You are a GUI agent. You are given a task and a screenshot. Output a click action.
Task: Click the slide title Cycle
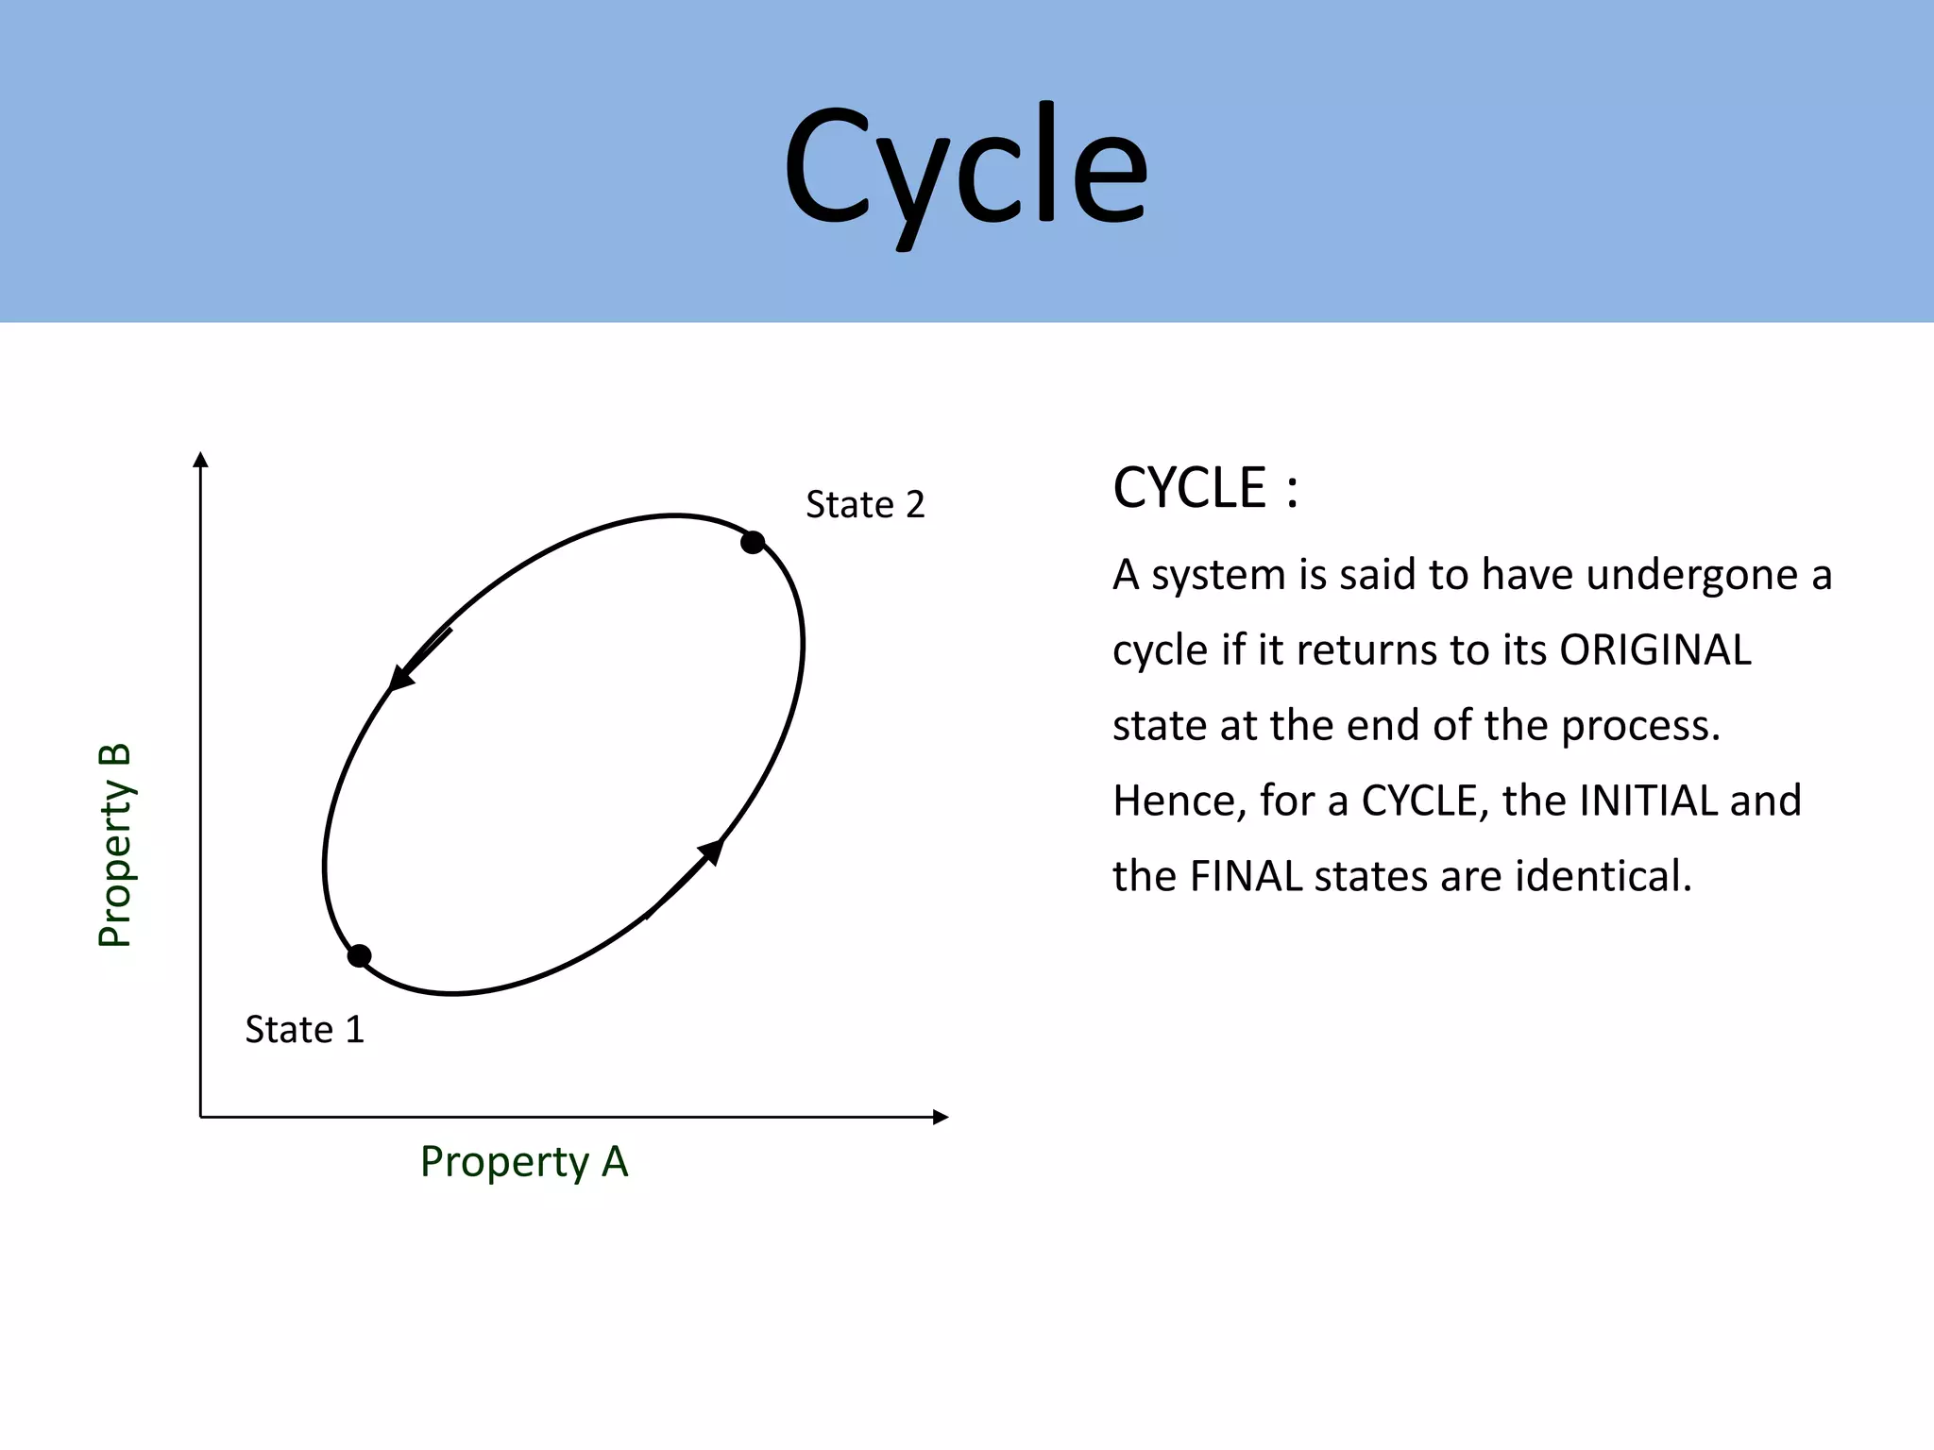pos(965,168)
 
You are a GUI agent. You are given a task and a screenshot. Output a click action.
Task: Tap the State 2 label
pos(864,505)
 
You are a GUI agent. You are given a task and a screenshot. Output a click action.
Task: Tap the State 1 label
pos(304,1030)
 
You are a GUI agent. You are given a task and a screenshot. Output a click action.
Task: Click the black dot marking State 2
pos(753,543)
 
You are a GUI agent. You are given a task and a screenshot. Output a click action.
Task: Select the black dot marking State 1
pos(359,956)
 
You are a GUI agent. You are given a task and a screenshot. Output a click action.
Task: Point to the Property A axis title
pos(524,1162)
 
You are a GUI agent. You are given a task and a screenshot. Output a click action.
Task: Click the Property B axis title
pos(115,845)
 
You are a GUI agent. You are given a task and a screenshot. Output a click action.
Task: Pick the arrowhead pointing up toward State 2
pos(713,850)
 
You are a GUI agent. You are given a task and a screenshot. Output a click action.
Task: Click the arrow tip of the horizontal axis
pos(941,1118)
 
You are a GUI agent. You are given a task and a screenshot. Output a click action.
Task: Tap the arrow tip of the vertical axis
pos(200,460)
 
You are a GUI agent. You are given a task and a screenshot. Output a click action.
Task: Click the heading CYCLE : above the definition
pos(1205,489)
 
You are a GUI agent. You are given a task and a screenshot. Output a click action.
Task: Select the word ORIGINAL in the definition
pos(1654,650)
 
